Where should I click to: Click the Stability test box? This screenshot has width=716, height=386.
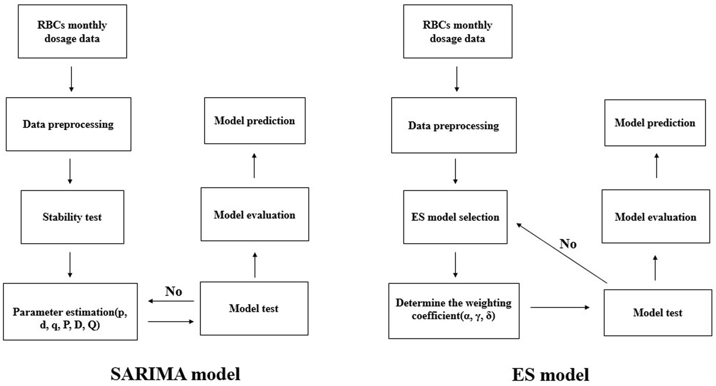72,217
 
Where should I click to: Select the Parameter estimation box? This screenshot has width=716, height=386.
70,312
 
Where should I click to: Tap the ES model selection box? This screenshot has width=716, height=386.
455,217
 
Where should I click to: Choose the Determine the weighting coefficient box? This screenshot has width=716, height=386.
453,310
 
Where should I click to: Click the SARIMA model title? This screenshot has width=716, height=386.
175,374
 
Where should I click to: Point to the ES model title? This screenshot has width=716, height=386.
550,374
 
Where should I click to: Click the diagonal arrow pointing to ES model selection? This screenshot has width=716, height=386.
561,253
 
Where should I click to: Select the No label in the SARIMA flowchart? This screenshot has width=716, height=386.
174,291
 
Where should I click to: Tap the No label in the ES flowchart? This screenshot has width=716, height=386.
568,244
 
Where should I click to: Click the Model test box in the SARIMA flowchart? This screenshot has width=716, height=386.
254,309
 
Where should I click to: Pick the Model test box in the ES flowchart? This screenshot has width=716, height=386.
657,313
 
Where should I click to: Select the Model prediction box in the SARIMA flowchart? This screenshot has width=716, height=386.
255,121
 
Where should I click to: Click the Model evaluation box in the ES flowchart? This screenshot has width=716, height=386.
655,217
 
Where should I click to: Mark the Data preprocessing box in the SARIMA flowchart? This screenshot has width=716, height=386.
69,125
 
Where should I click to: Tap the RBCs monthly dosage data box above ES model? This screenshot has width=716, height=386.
457,32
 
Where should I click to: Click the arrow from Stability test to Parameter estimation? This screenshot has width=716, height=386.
70,265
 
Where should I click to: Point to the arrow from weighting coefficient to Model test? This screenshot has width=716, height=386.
560,307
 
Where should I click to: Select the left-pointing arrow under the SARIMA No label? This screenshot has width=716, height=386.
171,301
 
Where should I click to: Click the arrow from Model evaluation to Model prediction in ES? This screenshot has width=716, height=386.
657,166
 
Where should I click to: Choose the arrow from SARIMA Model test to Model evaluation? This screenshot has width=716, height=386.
255,265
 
